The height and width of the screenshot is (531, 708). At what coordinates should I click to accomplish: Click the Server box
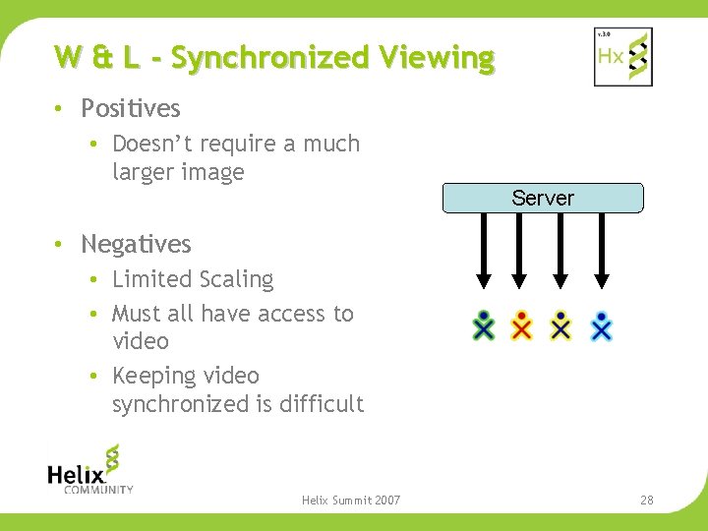pyautogui.click(x=543, y=198)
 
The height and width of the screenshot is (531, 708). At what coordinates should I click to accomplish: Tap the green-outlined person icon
pyautogui.click(x=483, y=325)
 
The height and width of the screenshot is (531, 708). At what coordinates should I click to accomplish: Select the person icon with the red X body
pyautogui.click(x=522, y=325)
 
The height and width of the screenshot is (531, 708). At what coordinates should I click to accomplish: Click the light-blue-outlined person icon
pyautogui.click(x=602, y=325)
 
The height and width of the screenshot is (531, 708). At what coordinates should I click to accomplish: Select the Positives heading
pyautogui.click(x=131, y=108)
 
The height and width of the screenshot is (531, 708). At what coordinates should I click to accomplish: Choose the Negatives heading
pyautogui.click(x=136, y=244)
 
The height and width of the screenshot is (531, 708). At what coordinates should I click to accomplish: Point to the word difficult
pyautogui.click(x=322, y=403)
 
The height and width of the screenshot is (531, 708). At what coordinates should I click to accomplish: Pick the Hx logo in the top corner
pyautogui.click(x=623, y=57)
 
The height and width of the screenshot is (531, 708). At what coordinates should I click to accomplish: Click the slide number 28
pyautogui.click(x=646, y=501)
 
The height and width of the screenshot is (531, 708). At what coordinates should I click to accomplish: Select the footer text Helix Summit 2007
pyautogui.click(x=351, y=501)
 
